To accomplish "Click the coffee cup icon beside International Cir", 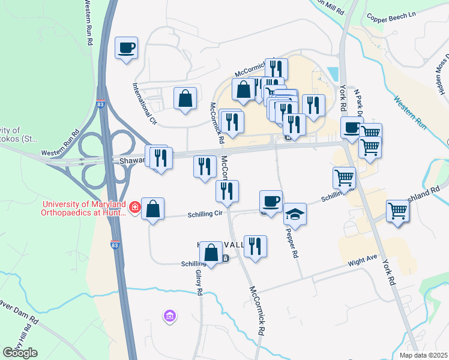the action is (127, 47).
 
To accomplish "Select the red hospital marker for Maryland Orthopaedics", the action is (136, 208).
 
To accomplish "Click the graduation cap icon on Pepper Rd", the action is (295, 213).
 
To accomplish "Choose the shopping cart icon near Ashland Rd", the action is (397, 211).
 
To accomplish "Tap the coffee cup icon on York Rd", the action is (352, 127).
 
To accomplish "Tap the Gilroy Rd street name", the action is (197, 281).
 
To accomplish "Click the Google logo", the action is (20, 353).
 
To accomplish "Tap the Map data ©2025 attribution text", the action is (421, 355).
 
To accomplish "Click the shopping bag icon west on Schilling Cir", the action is (153, 209).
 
